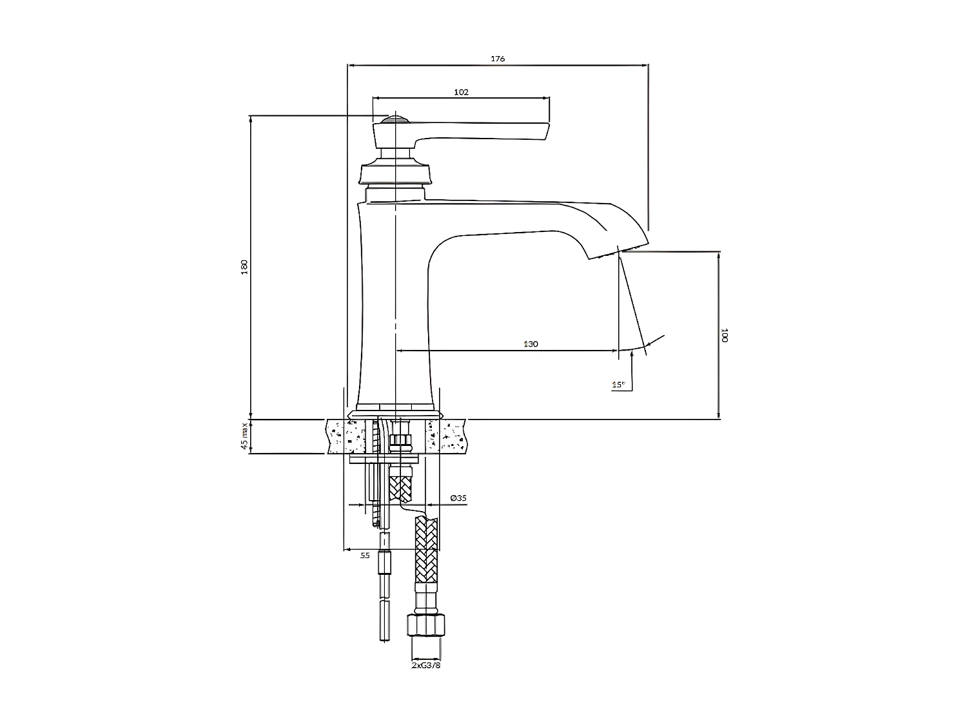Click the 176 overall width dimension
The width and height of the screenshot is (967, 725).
click(498, 59)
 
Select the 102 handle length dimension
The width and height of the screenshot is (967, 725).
click(461, 92)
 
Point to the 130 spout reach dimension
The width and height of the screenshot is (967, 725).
click(530, 345)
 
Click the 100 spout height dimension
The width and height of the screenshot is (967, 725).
click(725, 335)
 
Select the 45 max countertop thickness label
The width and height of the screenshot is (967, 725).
click(244, 436)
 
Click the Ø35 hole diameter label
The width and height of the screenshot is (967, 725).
click(458, 498)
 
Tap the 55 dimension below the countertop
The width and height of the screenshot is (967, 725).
click(365, 555)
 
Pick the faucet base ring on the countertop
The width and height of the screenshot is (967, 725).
click(394, 412)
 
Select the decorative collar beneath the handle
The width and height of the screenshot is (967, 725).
click(394, 171)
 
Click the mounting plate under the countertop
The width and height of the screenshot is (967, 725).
click(386, 459)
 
